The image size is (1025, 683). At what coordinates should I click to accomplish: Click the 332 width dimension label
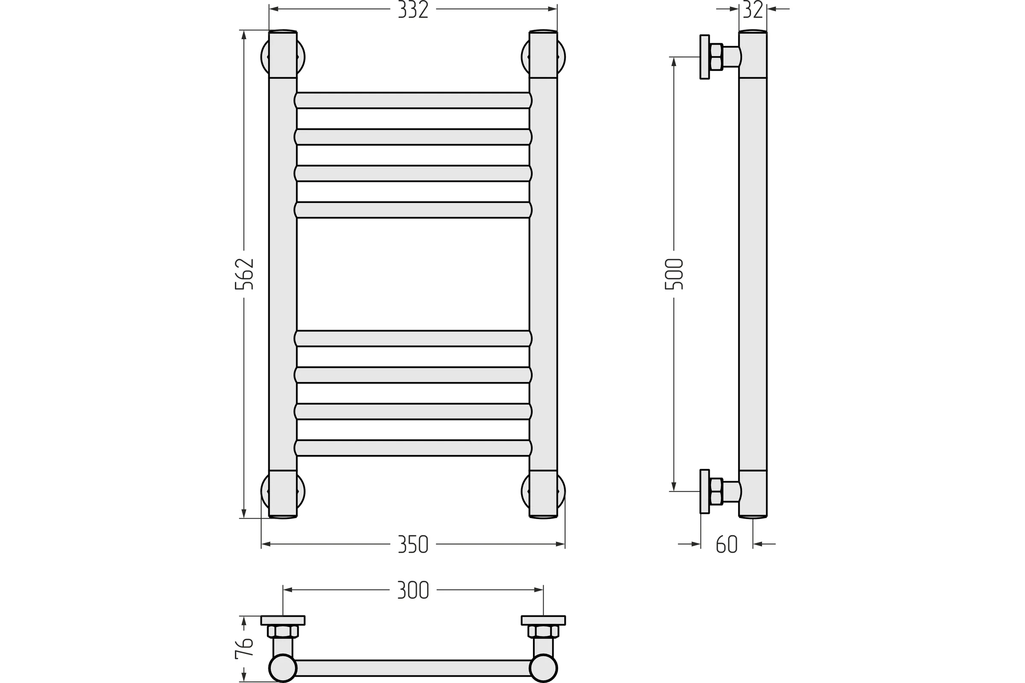pos(413,9)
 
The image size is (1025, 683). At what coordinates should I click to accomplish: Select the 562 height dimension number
pos(244,274)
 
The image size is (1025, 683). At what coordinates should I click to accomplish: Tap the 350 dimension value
pos(413,544)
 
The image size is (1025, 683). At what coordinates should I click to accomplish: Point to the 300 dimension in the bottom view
pos(413,590)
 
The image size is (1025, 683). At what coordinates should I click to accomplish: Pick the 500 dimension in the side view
pos(674,274)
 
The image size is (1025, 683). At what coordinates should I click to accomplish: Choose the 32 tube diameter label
pos(753,9)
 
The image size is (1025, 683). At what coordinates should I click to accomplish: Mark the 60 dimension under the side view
pos(727,544)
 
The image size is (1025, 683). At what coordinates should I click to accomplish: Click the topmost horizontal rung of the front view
pos(413,100)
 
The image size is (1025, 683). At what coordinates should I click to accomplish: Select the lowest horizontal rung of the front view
pos(413,448)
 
